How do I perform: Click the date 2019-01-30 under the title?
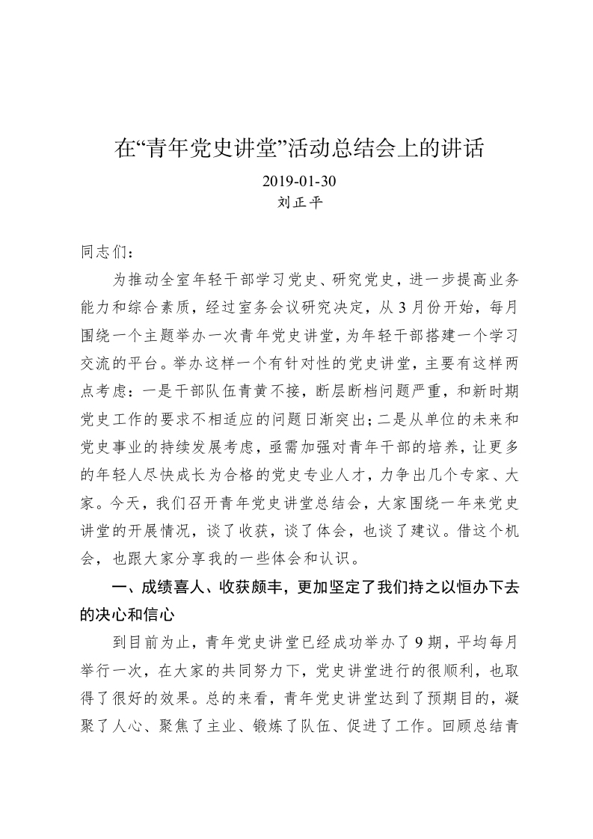click(x=296, y=182)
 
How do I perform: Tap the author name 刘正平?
click(x=296, y=202)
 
